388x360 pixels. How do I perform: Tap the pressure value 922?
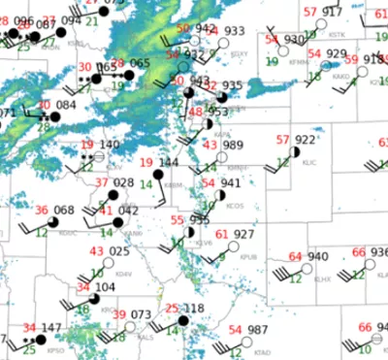pyautogui.click(x=306, y=141)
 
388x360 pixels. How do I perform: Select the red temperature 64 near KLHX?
pyautogui.click(x=295, y=256)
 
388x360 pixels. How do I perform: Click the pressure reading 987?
pyautogui.click(x=257, y=331)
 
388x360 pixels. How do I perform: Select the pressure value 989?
pyautogui.click(x=233, y=145)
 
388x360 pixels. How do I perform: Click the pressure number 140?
pyautogui.click(x=110, y=145)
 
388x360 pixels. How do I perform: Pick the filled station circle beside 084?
pyautogui.click(x=54, y=116)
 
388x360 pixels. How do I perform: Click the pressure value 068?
pyautogui.click(x=64, y=211)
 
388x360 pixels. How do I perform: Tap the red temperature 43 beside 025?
pyautogui.click(x=96, y=252)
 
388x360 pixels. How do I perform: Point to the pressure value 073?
pyautogui.click(x=142, y=315)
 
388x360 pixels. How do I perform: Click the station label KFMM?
pyautogui.click(x=273, y=61)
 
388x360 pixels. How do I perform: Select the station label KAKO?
pyautogui.click(x=339, y=76)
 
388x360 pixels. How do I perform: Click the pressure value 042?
pyautogui.click(x=128, y=211)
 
